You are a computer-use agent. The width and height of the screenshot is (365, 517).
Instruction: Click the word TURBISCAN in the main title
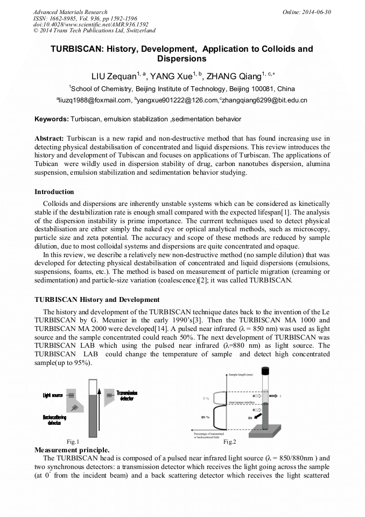click(x=74, y=49)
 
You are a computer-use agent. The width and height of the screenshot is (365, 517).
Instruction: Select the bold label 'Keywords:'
click(x=52, y=119)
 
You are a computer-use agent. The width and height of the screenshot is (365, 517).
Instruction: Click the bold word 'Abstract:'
click(x=50, y=139)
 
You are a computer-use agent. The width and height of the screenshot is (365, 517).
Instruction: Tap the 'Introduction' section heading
click(x=54, y=192)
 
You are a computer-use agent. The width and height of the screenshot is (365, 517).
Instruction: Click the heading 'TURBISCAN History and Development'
click(x=97, y=300)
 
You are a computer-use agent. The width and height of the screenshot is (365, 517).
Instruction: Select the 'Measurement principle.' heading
click(x=72, y=450)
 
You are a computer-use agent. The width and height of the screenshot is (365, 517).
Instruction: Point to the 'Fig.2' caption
click(x=229, y=442)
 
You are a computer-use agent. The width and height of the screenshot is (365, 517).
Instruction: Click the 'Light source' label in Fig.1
click(x=53, y=396)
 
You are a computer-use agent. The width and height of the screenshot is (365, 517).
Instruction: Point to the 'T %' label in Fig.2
click(x=206, y=398)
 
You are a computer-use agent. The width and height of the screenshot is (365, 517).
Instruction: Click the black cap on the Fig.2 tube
click(x=265, y=371)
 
